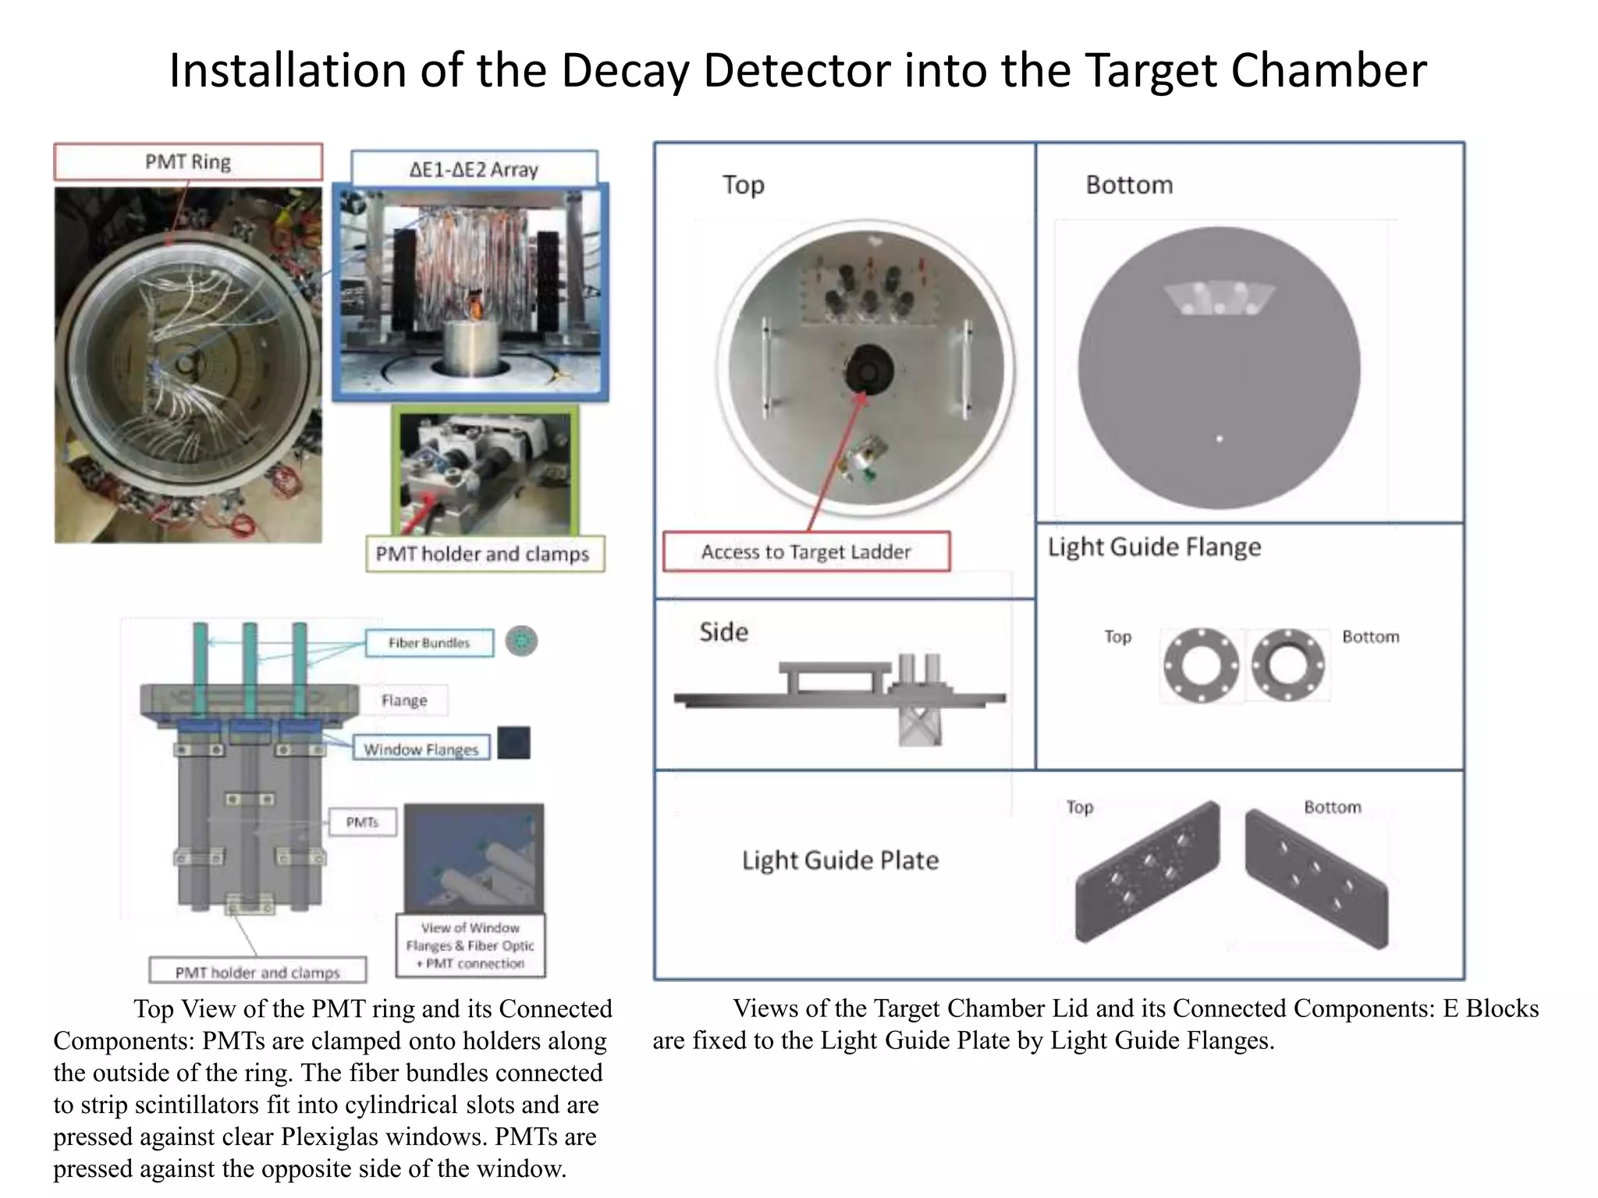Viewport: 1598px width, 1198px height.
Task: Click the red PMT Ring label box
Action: pyautogui.click(x=188, y=162)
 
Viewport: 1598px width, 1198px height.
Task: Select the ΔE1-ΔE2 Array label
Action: pyautogui.click(x=474, y=169)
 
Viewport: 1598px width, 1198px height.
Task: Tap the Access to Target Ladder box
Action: pyautogui.click(x=806, y=552)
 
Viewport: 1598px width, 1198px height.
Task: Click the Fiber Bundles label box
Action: pyautogui.click(x=429, y=643)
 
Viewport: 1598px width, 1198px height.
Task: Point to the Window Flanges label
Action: pyautogui.click(x=421, y=749)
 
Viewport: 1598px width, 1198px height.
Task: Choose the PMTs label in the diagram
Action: pyautogui.click(x=362, y=822)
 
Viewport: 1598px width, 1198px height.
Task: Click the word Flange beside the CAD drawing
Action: pyautogui.click(x=404, y=700)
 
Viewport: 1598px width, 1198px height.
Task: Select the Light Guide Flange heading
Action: pyautogui.click(x=1154, y=547)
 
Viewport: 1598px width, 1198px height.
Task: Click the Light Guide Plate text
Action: pyautogui.click(x=840, y=860)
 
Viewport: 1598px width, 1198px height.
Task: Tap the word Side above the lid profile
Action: pyautogui.click(x=723, y=632)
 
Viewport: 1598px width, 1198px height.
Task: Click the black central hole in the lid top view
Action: pyautogui.click(x=868, y=369)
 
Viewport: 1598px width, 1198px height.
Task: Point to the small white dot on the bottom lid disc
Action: pyautogui.click(x=1220, y=439)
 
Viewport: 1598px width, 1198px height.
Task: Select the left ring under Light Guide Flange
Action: pyautogui.click(x=1201, y=665)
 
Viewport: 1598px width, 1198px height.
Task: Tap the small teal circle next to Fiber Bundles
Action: pyautogui.click(x=521, y=642)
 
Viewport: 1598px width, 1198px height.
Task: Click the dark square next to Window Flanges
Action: pyautogui.click(x=514, y=743)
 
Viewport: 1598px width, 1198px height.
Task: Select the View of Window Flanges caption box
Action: pyautogui.click(x=471, y=945)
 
